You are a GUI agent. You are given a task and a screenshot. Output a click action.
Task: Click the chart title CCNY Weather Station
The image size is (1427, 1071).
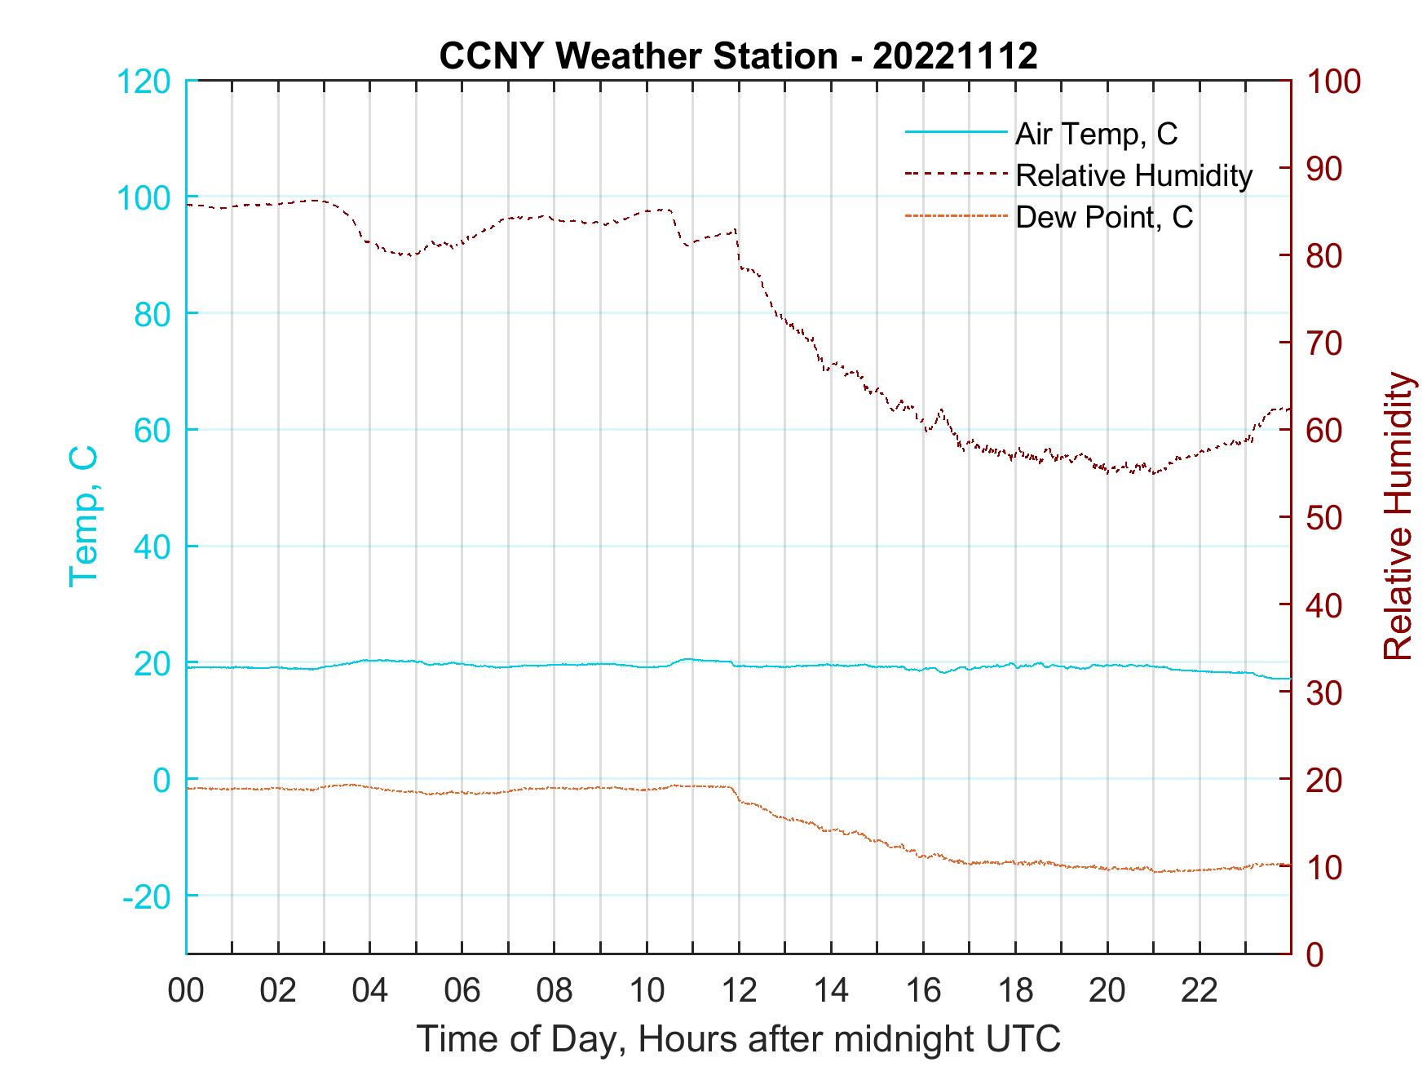(738, 56)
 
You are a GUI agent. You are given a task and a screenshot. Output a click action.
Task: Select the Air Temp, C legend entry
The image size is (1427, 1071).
(1095, 134)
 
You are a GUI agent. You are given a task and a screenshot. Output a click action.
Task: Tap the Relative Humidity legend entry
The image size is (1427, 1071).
(1133, 175)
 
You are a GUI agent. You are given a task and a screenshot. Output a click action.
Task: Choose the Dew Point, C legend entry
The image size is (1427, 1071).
(1103, 217)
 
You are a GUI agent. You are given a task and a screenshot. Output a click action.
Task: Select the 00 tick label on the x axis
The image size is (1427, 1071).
(186, 991)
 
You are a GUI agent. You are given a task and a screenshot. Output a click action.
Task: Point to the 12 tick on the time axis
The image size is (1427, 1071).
(739, 991)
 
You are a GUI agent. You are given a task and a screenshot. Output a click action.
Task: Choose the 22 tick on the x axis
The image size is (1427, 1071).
(1199, 991)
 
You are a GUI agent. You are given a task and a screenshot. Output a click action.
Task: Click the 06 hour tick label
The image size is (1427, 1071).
(462, 991)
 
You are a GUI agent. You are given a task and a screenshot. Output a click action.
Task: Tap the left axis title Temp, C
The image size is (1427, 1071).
(83, 516)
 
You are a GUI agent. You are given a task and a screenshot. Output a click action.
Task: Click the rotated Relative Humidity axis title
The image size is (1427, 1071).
(1398, 516)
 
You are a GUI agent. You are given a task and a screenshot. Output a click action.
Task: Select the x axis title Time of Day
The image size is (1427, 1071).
(738, 1039)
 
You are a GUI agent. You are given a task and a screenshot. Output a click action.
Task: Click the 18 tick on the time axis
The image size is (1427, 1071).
(1015, 991)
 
